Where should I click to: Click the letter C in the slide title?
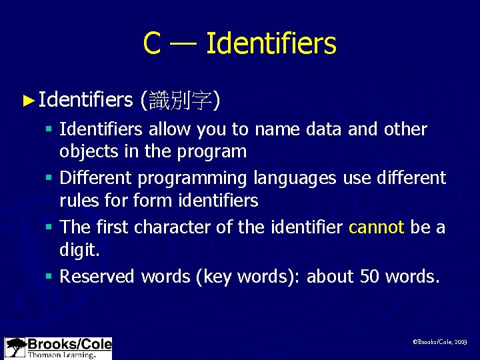[x=152, y=44]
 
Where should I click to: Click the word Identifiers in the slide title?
[x=271, y=44]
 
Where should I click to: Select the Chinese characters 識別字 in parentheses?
[x=180, y=101]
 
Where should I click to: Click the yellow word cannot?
[x=376, y=227]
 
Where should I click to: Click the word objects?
[x=89, y=151]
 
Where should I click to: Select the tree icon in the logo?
[x=15, y=348]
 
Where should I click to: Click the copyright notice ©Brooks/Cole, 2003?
[x=440, y=341]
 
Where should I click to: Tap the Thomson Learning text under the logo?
[x=60, y=355]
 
